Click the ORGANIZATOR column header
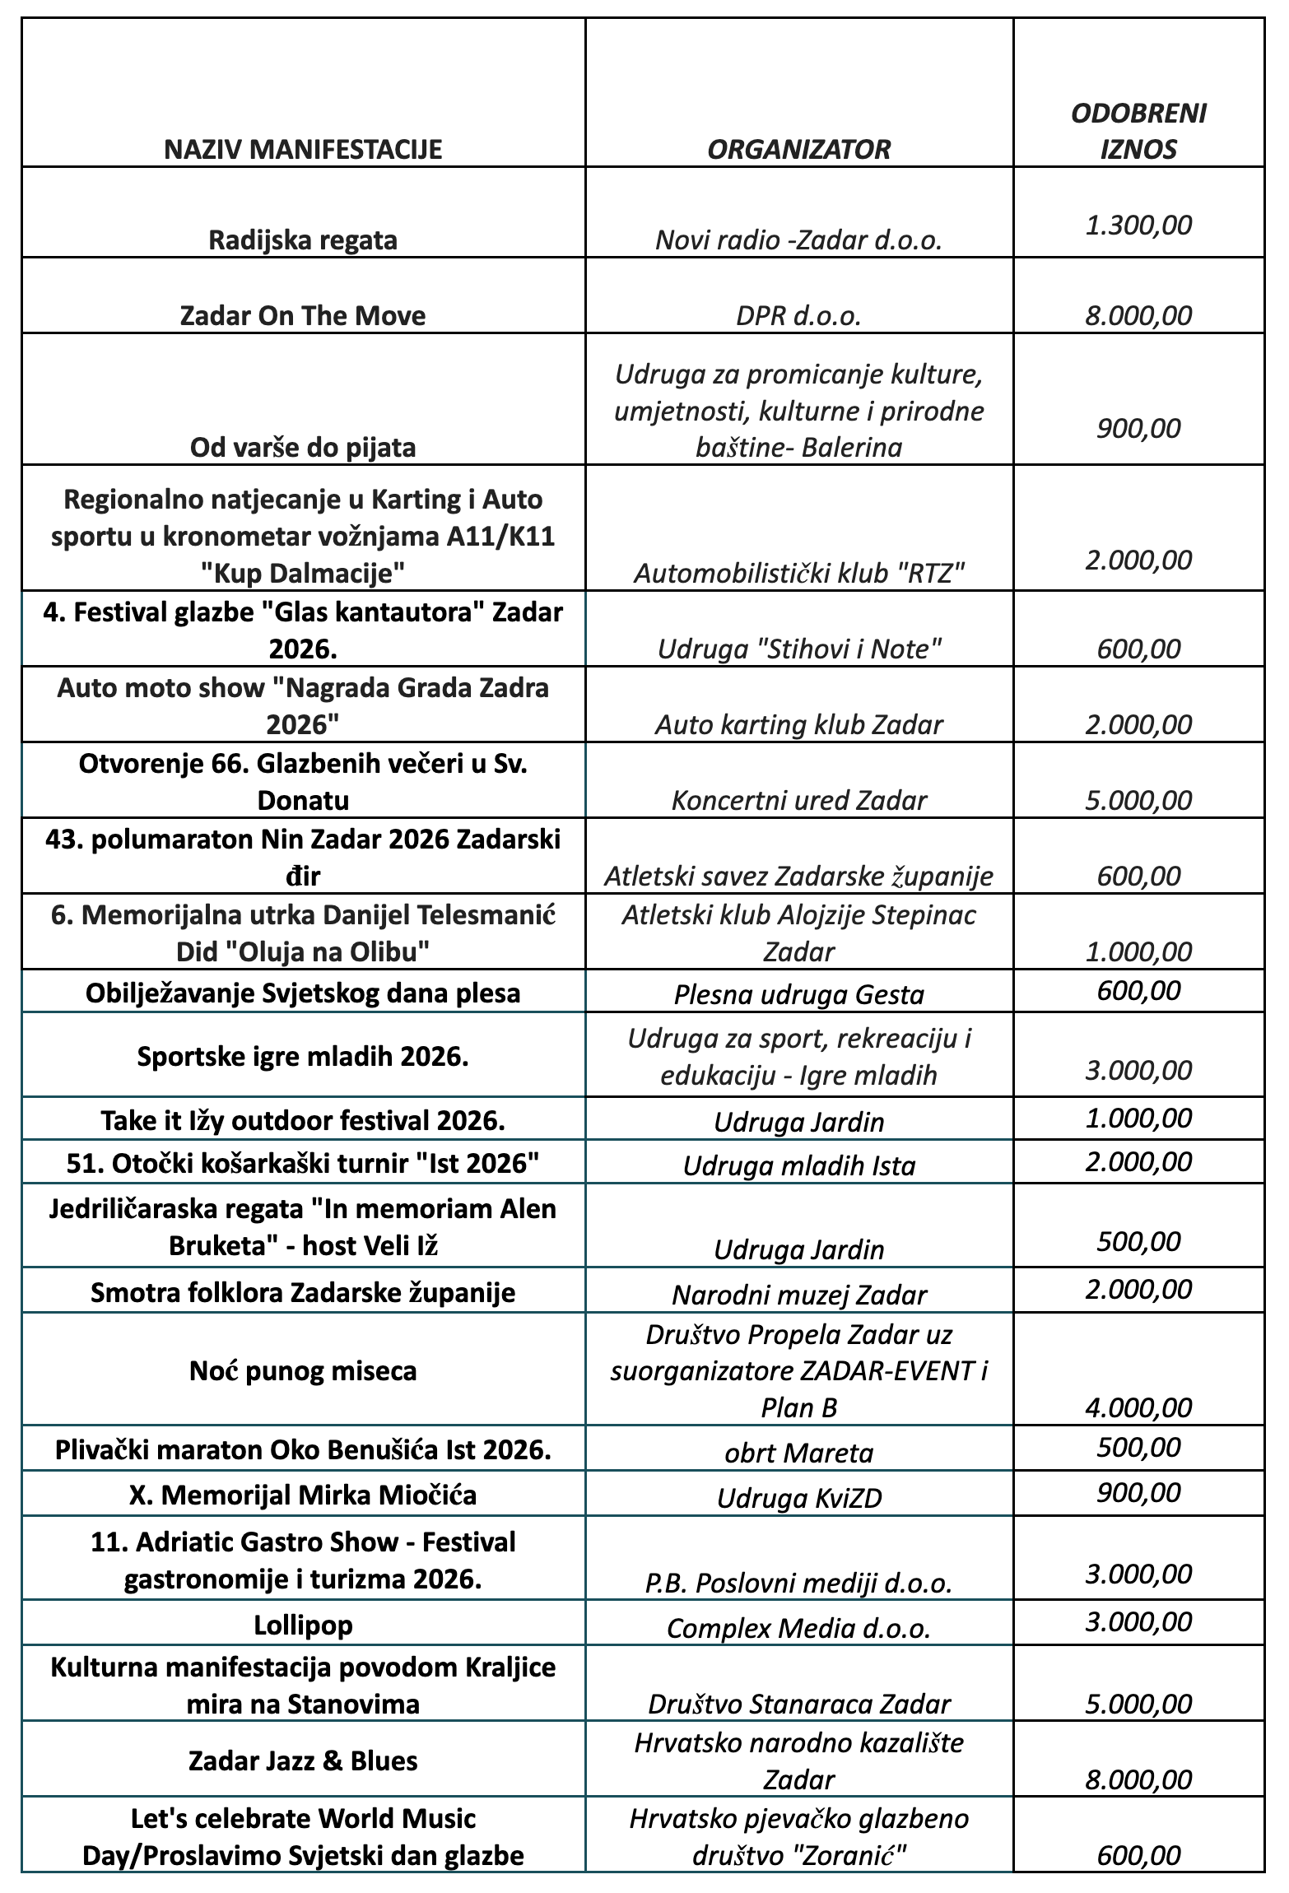(798, 149)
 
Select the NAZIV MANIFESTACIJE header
(303, 149)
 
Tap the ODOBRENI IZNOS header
(1138, 131)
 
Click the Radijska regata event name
(303, 240)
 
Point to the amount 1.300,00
(1138, 225)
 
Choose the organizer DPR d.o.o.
(798, 316)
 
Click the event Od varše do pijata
(303, 447)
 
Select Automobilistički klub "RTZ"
(798, 573)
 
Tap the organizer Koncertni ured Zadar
(798, 800)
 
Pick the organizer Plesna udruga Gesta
(798, 994)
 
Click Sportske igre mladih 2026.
(303, 1056)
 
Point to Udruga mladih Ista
(798, 1165)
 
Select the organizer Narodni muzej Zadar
(798, 1295)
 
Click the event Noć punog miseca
(303, 1370)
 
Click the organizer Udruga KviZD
(798, 1497)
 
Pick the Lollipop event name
(303, 1625)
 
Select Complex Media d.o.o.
(798, 1628)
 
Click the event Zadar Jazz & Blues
(303, 1760)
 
